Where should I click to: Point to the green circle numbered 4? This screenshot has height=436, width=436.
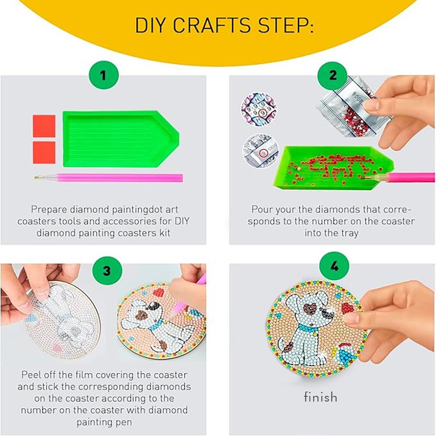pyautogui.click(x=334, y=266)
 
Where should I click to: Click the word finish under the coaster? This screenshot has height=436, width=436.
pyautogui.click(x=320, y=397)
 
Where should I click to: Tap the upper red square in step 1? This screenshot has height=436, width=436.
pyautogui.click(x=44, y=126)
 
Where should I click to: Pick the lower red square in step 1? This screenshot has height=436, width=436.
pyautogui.click(x=44, y=153)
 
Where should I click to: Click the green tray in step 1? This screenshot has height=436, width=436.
pyautogui.click(x=118, y=139)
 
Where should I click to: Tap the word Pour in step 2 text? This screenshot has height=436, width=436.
pyautogui.click(x=262, y=209)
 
